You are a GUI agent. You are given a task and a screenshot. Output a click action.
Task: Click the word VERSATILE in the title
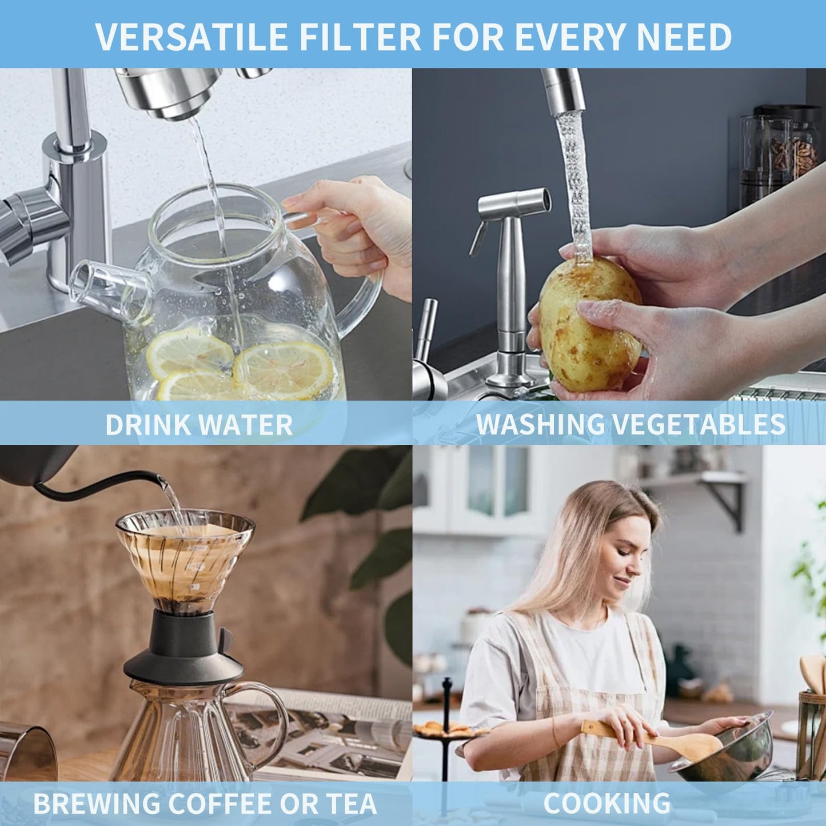point(191,37)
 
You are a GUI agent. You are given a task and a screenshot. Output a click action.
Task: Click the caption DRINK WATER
point(199,424)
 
